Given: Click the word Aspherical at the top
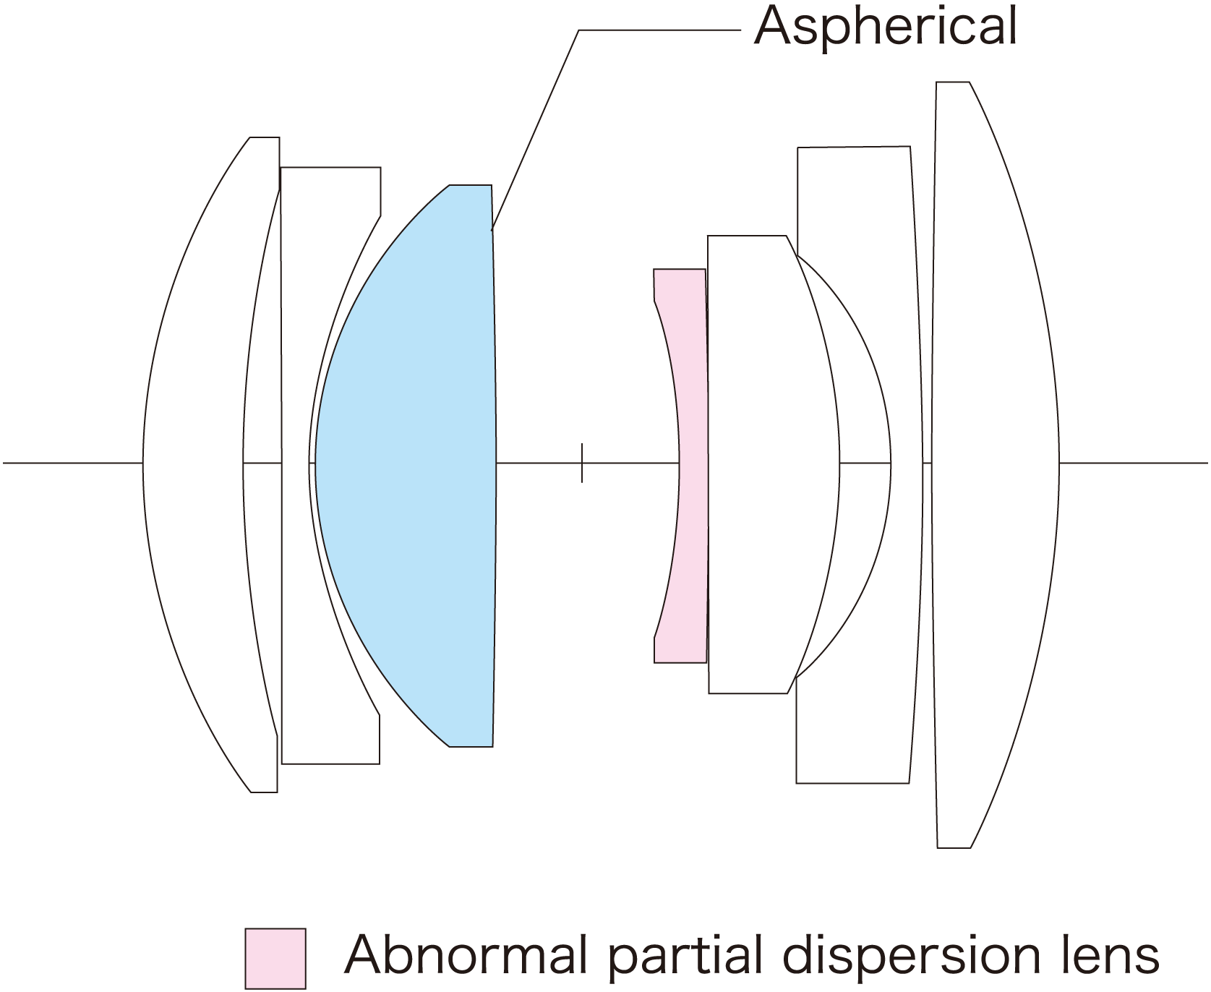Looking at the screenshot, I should tap(885, 27).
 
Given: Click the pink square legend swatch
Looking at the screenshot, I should tap(275, 958).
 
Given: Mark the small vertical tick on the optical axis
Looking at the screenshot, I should tap(582, 463).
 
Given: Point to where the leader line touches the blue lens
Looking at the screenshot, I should tap(492, 230).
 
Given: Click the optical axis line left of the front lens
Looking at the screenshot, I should tap(72, 463).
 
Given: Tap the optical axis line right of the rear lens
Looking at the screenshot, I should tap(1135, 463).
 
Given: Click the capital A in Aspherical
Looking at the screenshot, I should tap(771, 27).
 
